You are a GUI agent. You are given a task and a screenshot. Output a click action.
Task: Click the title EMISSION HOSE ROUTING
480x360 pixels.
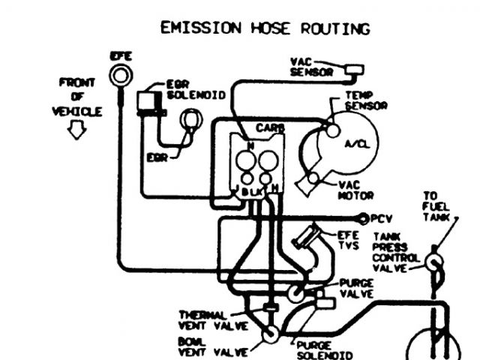265,28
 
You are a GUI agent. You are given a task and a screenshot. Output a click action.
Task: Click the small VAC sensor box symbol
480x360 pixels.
352,70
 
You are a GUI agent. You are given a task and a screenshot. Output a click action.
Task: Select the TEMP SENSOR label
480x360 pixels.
365,101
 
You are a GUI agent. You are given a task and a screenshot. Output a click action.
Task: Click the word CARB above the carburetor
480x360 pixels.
268,127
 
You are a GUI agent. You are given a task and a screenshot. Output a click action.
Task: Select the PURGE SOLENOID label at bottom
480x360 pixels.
322,349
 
